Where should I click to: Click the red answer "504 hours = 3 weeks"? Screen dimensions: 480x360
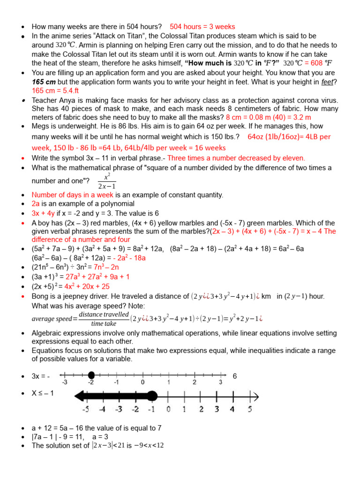pos(202,27)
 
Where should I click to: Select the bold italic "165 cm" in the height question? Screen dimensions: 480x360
pos(45,82)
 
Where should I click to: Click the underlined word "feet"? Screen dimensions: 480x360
pos(327,82)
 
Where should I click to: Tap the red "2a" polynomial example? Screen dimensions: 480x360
pos(36,204)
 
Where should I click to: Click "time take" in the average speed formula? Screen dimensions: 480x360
pos(104,323)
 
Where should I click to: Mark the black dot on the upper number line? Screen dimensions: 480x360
pos(91,375)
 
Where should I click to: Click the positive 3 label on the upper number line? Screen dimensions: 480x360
pos(220,382)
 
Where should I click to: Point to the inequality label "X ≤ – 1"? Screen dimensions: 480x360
pos(43,393)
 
